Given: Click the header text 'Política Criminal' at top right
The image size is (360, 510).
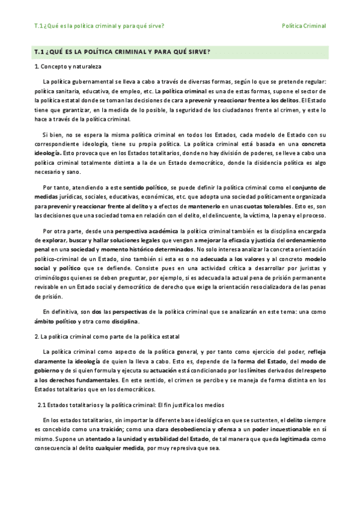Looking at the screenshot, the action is pyautogui.click(x=304, y=26).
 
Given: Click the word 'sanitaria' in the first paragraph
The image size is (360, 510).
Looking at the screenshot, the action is pyautogui.click(x=71, y=91).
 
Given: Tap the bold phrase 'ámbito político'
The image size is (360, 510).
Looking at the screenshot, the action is pyautogui.click(x=56, y=321).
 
